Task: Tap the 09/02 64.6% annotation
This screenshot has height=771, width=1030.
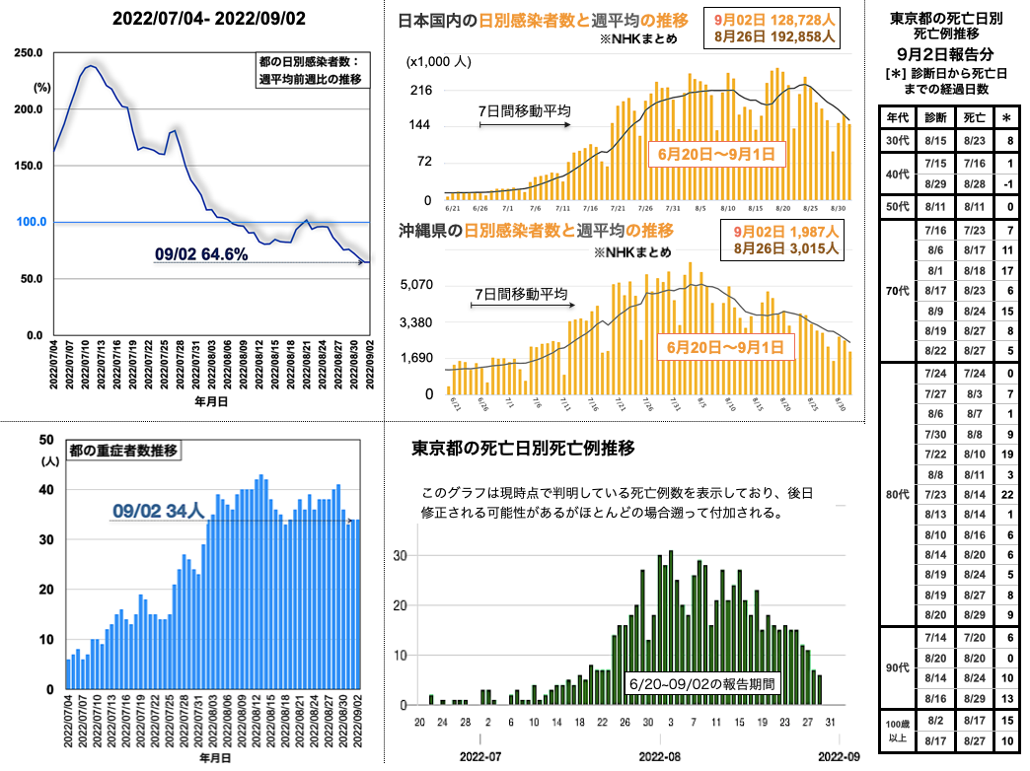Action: pyautogui.click(x=200, y=254)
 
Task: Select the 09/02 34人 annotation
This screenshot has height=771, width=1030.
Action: pyautogui.click(x=158, y=511)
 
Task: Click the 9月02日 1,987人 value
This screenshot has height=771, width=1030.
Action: pyautogui.click(x=786, y=231)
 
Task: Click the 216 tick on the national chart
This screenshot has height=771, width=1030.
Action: pyautogui.click(x=422, y=90)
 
